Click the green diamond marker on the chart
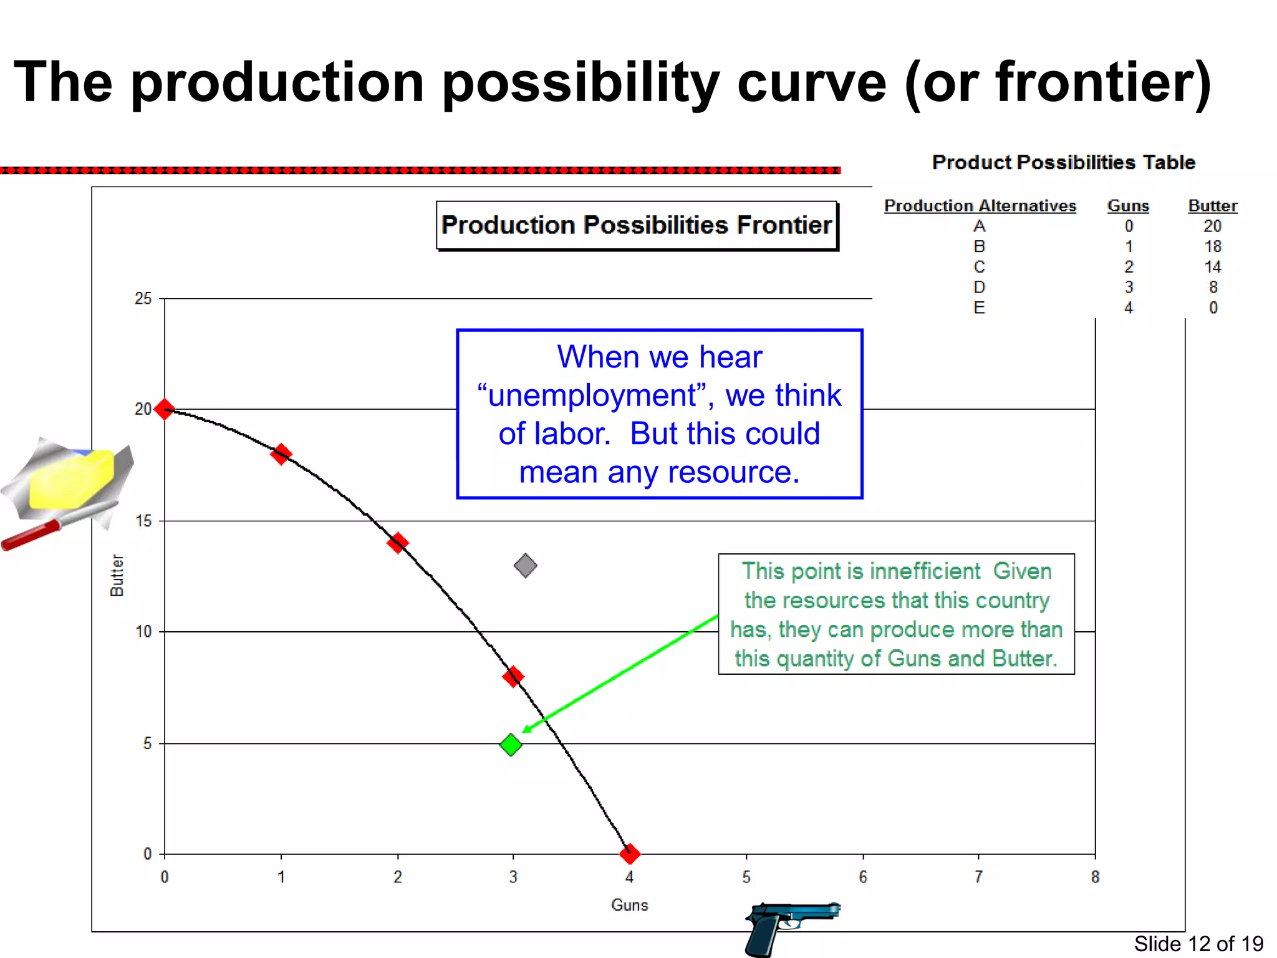[511, 744]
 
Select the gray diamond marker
[525, 566]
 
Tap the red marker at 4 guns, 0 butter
[630, 853]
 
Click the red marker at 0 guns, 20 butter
[165, 409]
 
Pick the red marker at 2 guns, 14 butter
[397, 543]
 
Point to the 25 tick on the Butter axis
[143, 299]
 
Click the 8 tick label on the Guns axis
[1095, 877]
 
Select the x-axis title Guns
[629, 905]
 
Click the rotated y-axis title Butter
[117, 575]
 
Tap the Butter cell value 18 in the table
[1212, 246]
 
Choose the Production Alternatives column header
[980, 206]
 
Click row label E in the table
[979, 307]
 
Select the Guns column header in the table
[1128, 206]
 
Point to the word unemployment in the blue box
[592, 395]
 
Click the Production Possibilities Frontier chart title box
[637, 225]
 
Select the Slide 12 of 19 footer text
[1198, 944]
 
